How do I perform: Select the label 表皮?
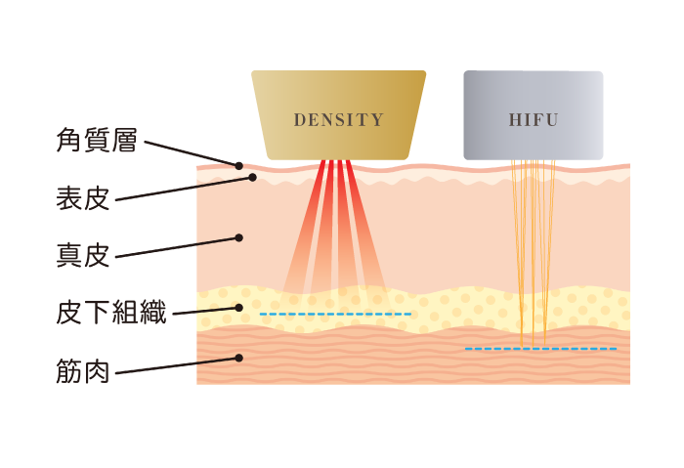pos(82,199)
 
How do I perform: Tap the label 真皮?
pos(82,257)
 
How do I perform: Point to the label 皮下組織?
pos(110,314)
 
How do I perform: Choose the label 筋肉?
pos(82,371)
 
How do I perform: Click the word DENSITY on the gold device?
pos(338,120)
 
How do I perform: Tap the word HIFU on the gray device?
pos(534,120)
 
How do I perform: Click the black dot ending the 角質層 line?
pos(238,165)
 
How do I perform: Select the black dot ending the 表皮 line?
pos(252,178)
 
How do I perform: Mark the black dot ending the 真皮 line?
pos(238,237)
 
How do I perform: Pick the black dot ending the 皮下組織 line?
pos(238,307)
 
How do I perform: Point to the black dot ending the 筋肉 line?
pos(238,358)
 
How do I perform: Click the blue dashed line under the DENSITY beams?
pos(336,314)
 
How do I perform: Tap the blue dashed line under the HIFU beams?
pos(540,348)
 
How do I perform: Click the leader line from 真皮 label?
pos(176,247)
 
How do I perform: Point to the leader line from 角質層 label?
pos(191,153)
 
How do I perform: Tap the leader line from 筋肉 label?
pos(176,364)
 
